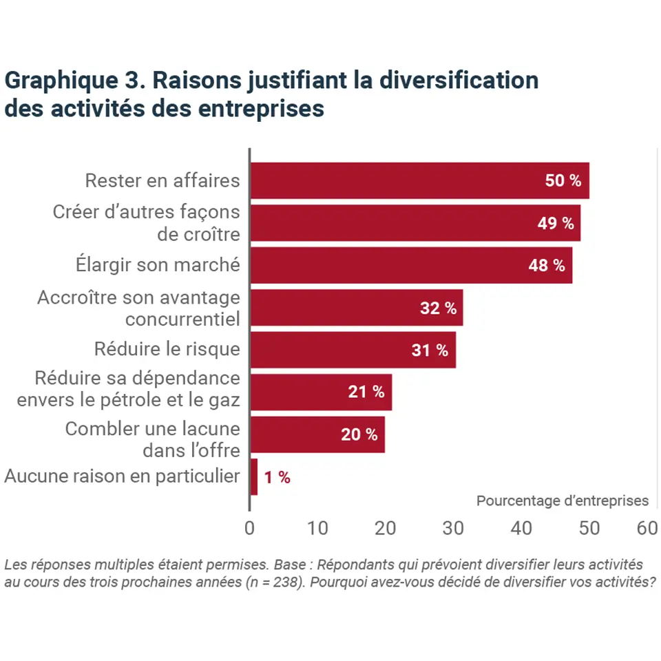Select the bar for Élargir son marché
[410, 265]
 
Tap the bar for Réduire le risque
[352, 350]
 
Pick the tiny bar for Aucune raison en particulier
[253, 476]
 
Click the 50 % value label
[563, 182]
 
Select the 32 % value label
[438, 308]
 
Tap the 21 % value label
[366, 392]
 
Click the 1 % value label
[277, 478]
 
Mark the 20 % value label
[359, 435]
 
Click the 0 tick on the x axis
[249, 528]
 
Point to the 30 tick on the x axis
[453, 528]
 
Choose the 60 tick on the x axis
[648, 528]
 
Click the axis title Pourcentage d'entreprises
[562, 501]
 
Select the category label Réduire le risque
[167, 349]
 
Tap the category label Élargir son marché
[157, 264]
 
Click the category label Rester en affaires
[162, 180]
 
